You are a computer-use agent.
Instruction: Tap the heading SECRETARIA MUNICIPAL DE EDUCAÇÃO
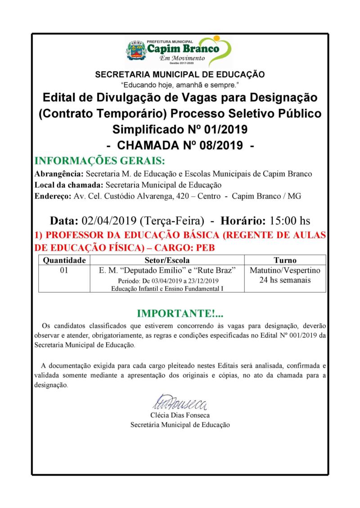pyautogui.click(x=180, y=75)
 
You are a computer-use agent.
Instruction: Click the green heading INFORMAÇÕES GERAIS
pyautogui.click(x=99, y=161)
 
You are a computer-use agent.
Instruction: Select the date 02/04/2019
pyautogui.click(x=110, y=221)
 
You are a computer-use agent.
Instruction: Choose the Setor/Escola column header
pyautogui.click(x=167, y=260)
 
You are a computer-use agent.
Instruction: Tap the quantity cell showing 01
pyautogui.click(x=64, y=271)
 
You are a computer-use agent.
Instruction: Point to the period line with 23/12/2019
pyautogui.click(x=167, y=281)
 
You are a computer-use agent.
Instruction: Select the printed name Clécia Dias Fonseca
pyautogui.click(x=180, y=415)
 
